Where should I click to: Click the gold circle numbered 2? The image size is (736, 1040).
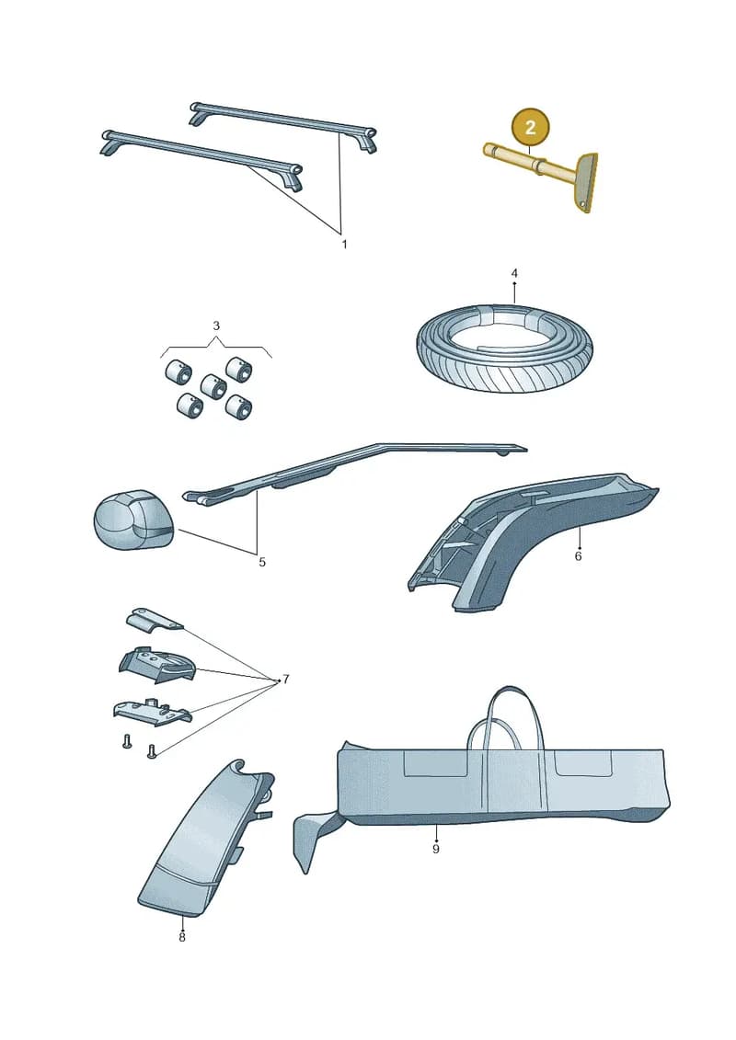pos(530,127)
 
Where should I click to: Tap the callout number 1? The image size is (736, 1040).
pos(344,244)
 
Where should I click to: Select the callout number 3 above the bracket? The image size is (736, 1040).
pos(216,326)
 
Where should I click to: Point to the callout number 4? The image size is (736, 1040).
pos(514,272)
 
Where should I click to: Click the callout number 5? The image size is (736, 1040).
pos(262,563)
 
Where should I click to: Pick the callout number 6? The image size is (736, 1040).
pos(578,555)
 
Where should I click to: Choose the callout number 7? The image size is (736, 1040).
pos(286,680)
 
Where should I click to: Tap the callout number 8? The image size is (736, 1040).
pos(182,937)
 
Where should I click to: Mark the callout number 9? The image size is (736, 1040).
pos(436,849)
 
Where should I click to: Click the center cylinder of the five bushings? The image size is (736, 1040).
pos(213,385)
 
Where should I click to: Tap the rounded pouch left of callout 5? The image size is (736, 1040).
pos(132,520)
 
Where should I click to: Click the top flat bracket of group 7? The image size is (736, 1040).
pos(155,619)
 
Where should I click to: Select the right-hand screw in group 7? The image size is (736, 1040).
pos(151,751)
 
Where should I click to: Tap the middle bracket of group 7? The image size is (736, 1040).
pos(157,665)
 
